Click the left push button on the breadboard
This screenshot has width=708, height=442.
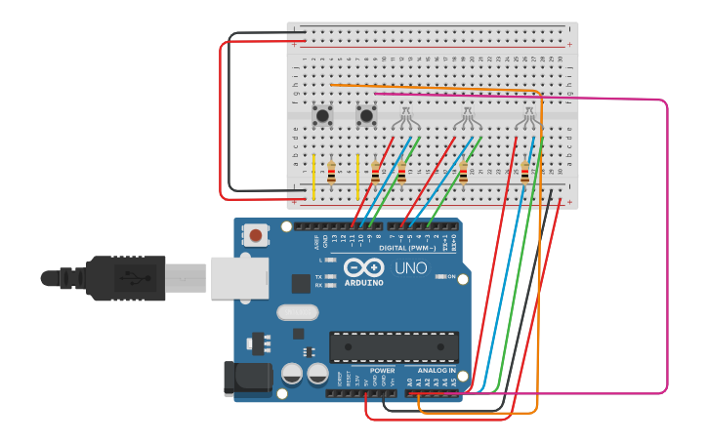[x=321, y=116]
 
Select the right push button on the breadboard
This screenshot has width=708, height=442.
[x=366, y=116]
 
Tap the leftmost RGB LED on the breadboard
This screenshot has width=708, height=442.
[x=406, y=118]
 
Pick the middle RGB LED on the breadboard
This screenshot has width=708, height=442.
[x=468, y=118]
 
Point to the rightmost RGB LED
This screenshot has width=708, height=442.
[x=528, y=118]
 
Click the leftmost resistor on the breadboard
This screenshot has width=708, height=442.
[x=331, y=173]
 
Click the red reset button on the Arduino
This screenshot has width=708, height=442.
[x=256, y=235]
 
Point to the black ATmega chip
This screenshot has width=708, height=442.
[x=394, y=347]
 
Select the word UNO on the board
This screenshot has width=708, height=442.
[x=411, y=268]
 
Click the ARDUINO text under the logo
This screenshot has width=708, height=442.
[x=363, y=283]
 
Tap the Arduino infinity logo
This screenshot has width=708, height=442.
[x=363, y=268]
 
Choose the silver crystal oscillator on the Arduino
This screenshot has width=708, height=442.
[x=297, y=312]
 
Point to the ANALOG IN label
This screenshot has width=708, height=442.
[x=437, y=371]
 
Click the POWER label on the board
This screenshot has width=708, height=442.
[x=382, y=371]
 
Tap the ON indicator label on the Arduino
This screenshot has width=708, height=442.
[x=451, y=276]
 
